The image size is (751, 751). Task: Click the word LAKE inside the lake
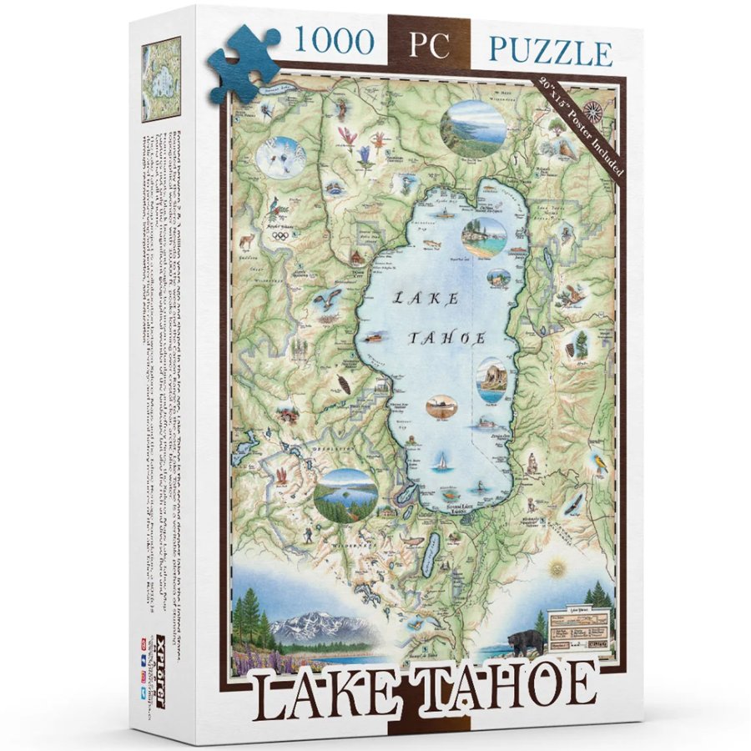tap(425, 297)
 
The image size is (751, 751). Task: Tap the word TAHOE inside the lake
tap(446, 337)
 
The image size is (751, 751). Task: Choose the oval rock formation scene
tap(492, 379)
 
